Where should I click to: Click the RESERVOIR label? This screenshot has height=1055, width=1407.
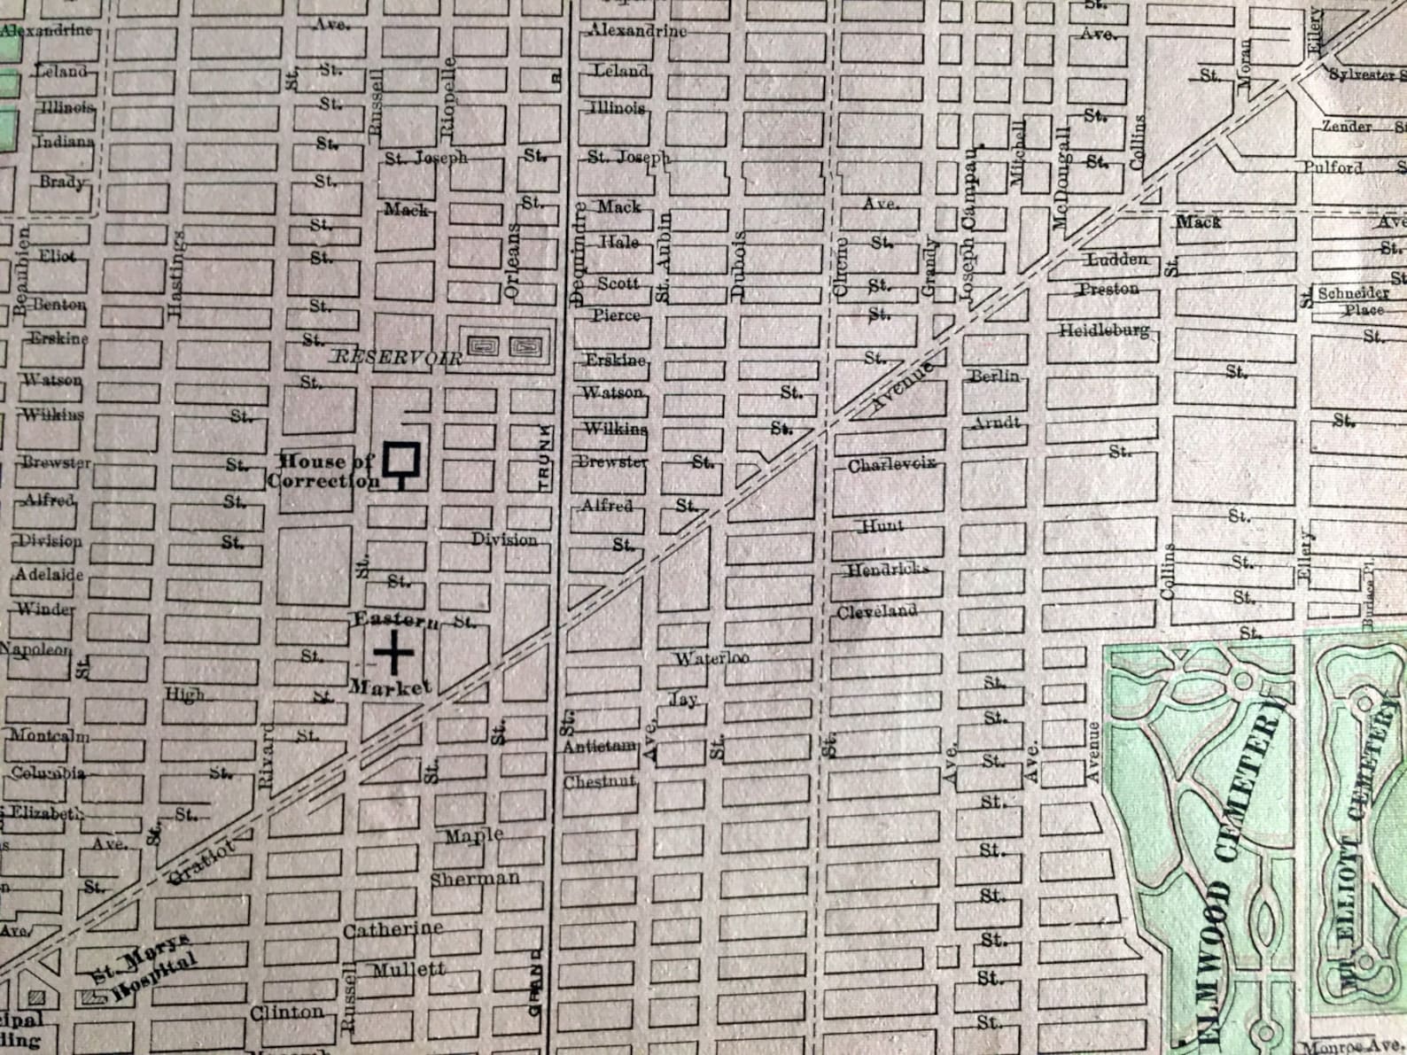point(397,358)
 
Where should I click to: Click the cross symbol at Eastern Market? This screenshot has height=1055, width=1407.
point(393,654)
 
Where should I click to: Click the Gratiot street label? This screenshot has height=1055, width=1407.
point(203,863)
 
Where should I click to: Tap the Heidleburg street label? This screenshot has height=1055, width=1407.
point(1104,330)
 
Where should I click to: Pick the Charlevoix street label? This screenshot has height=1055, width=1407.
point(891,465)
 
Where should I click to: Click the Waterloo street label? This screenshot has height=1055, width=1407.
point(711,658)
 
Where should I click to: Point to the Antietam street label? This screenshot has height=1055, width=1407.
point(600,746)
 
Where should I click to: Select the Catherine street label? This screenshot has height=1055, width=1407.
point(393,929)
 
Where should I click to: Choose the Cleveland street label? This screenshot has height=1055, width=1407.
point(876,611)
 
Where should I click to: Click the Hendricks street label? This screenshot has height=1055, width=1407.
point(887,570)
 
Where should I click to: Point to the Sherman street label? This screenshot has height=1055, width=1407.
point(475,879)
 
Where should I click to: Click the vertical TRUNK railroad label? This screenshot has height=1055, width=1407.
point(544,458)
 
